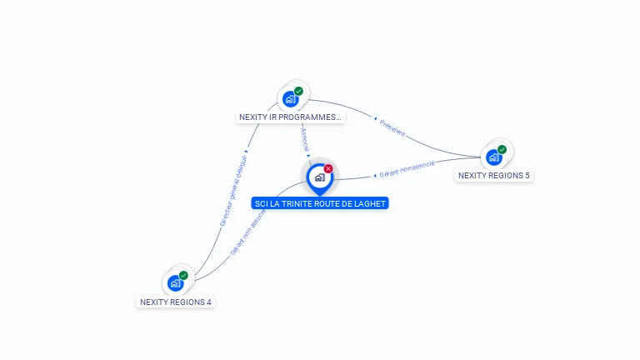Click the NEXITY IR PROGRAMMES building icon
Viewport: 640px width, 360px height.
coord(290,99)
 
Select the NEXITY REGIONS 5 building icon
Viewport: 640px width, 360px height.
coord(493,157)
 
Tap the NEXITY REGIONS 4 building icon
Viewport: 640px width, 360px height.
coord(175,283)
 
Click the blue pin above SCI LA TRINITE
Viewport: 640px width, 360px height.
coord(319,177)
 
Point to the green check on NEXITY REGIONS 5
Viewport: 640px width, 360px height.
coord(502,149)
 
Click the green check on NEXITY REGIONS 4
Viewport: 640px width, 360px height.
coord(183,275)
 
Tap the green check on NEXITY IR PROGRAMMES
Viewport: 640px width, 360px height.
coord(298,91)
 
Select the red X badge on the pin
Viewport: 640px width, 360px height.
coord(328,168)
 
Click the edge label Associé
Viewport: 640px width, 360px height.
coord(304,137)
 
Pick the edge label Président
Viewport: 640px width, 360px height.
coord(392,127)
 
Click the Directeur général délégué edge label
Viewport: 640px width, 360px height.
coord(233,191)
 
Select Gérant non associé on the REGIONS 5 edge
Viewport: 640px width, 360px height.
coord(407,169)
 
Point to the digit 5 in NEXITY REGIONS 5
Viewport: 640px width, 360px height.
coord(527,176)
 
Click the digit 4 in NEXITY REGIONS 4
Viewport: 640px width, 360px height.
coord(208,302)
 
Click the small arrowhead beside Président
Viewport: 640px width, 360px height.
coord(375,119)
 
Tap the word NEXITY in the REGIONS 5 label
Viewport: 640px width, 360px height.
coord(472,176)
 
